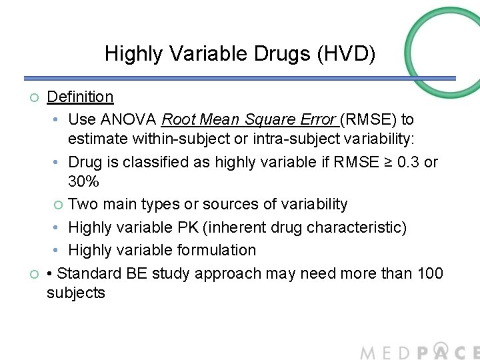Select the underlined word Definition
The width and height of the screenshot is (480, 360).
tap(80, 97)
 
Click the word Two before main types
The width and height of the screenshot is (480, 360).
tap(83, 204)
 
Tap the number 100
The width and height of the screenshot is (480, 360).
tap(428, 273)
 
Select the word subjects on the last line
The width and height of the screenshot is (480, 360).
tap(76, 293)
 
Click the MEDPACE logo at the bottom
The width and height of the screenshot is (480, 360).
tap(419, 351)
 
